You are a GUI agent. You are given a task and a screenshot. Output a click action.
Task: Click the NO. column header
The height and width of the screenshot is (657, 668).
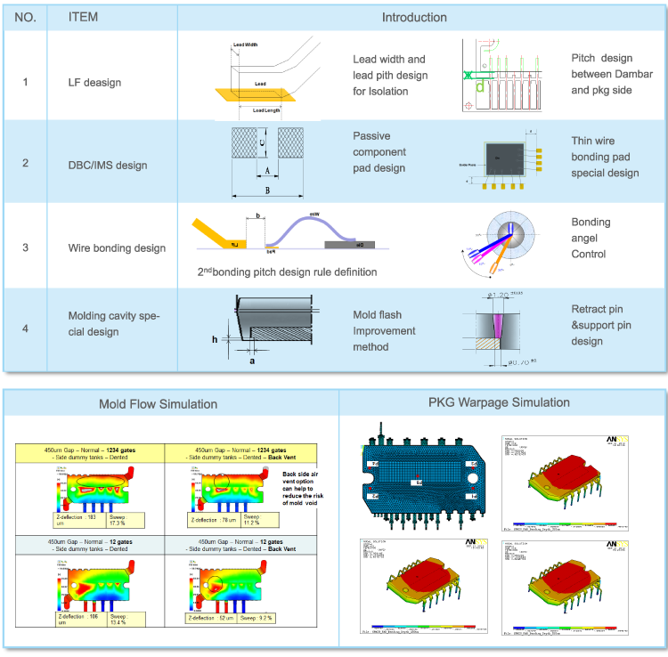[x=25, y=18]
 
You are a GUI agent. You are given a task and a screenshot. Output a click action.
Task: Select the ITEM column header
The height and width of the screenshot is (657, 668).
[x=84, y=18]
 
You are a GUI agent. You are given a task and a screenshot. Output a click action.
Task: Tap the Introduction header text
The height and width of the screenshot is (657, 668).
[x=414, y=18]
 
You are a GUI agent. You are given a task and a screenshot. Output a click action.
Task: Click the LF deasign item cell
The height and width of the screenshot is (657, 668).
[x=95, y=83]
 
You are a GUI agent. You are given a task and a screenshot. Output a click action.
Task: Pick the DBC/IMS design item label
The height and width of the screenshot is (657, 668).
[x=108, y=165]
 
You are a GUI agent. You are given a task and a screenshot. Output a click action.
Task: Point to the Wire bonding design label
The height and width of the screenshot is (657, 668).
[x=117, y=247]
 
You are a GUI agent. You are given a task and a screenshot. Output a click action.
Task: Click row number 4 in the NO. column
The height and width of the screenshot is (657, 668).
[x=25, y=328]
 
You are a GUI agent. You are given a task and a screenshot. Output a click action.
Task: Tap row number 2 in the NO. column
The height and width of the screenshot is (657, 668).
[x=25, y=165]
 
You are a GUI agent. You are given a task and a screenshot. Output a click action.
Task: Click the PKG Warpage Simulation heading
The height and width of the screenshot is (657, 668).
[x=499, y=402]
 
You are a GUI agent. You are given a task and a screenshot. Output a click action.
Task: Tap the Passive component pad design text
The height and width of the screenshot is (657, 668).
[x=379, y=152]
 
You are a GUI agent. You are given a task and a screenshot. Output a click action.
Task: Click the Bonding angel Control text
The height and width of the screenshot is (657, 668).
[x=590, y=238]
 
